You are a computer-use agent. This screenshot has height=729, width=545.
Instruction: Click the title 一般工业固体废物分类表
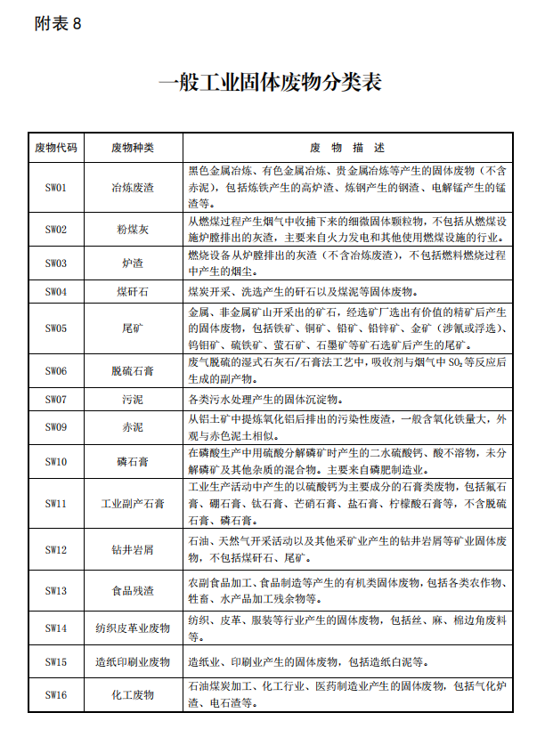[x=270, y=84]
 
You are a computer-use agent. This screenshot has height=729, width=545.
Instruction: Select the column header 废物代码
[x=56, y=147]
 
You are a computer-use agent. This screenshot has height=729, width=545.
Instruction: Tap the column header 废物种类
[x=133, y=147]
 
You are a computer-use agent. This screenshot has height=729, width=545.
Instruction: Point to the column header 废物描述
[x=347, y=147]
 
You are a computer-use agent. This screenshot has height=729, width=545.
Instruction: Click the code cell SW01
[x=56, y=188]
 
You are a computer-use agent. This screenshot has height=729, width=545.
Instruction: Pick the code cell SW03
[x=56, y=263]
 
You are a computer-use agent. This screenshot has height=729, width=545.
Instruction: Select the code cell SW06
[x=56, y=370]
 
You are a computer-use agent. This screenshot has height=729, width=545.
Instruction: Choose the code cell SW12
[x=56, y=549]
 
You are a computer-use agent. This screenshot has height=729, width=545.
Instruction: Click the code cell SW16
[x=56, y=694]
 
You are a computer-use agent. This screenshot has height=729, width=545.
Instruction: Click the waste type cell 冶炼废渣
[x=133, y=188]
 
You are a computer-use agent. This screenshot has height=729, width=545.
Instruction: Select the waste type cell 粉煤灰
[x=133, y=230]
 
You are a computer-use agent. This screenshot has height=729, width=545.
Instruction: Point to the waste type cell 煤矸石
[x=133, y=291]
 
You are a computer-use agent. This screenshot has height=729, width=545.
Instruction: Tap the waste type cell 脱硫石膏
[x=133, y=370]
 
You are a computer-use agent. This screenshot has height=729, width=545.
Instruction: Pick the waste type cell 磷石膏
[x=133, y=461]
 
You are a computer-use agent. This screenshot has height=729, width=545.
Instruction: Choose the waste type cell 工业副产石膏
[x=133, y=504]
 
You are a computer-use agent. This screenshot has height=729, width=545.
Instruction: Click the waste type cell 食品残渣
[x=133, y=590]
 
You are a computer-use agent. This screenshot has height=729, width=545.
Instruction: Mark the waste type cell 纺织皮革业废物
[x=133, y=628]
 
